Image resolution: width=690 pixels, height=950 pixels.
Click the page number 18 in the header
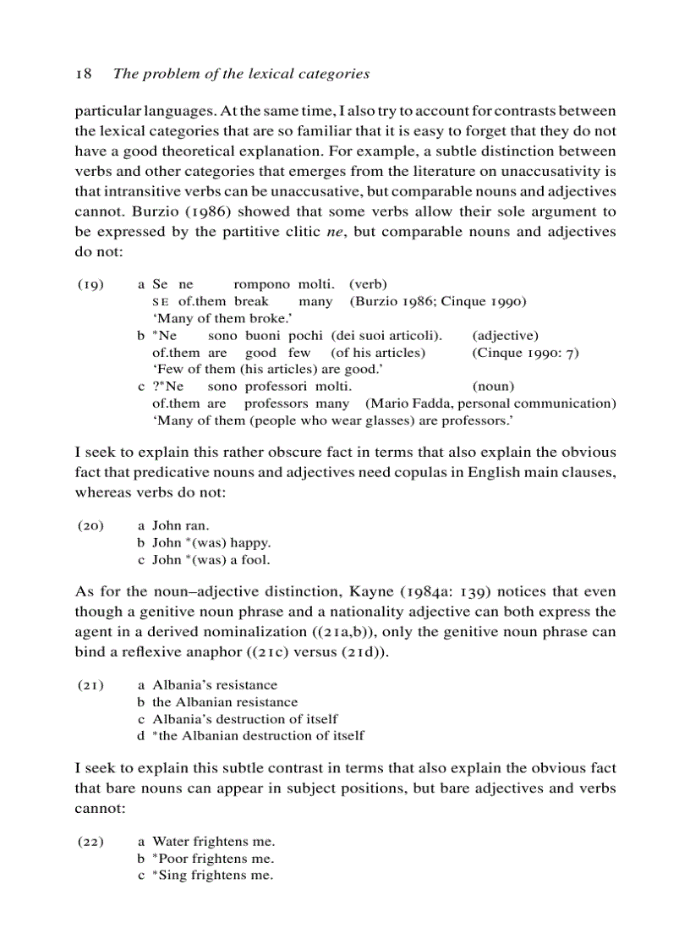click(83, 74)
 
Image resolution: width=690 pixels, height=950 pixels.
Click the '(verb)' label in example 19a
click(368, 285)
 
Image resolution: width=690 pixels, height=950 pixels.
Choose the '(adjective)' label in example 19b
click(505, 336)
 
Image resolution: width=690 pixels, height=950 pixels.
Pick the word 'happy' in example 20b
click(249, 542)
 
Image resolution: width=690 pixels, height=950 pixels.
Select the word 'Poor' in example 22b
click(174, 859)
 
